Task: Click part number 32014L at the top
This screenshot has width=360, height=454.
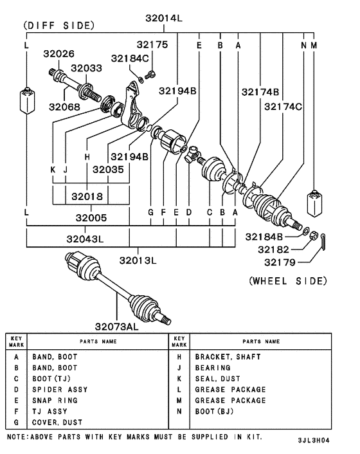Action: pos(164,18)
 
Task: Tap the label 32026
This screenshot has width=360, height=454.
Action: pos(59,53)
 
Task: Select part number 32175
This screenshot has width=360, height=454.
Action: pos(152,44)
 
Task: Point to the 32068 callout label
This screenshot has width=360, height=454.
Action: pos(64,107)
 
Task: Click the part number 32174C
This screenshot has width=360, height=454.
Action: pos(283,107)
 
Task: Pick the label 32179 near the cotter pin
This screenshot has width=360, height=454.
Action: pos(280,262)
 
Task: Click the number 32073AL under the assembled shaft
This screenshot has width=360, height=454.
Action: pos(116,327)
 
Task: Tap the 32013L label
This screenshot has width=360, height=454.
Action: pos(138,260)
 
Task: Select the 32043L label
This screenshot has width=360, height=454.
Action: pos(85,239)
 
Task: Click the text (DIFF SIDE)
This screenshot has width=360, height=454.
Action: pos(59,26)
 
